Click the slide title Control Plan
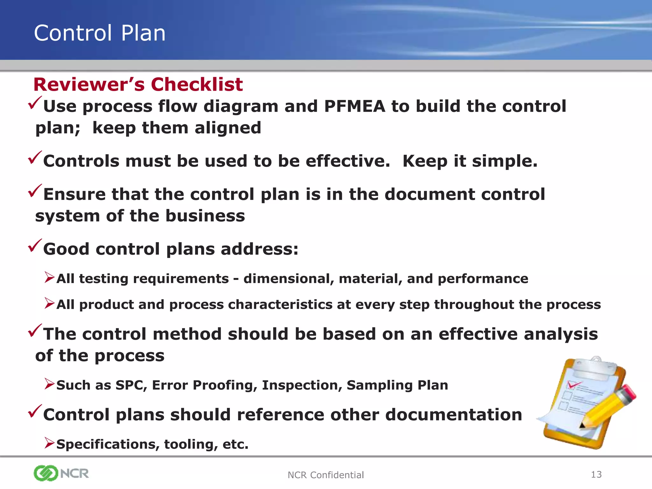(x=100, y=33)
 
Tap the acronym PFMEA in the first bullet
(x=354, y=106)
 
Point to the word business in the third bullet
(x=205, y=216)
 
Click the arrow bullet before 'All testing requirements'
(x=49, y=277)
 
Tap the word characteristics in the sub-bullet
(x=280, y=305)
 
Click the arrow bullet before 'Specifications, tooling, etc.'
(x=49, y=443)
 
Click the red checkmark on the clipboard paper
(x=573, y=385)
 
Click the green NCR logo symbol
(x=46, y=473)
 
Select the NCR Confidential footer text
(x=325, y=475)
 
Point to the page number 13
(x=596, y=474)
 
